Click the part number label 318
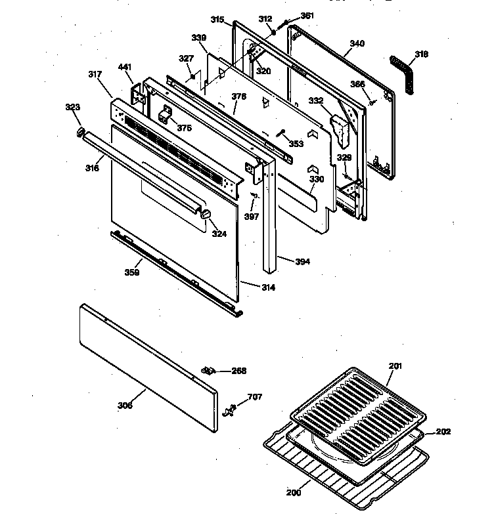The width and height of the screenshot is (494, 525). click(421, 54)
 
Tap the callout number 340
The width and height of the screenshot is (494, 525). click(357, 43)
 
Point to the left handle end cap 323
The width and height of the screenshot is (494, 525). click(81, 133)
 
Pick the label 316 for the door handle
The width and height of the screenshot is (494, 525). click(92, 169)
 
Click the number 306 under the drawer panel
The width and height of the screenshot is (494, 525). click(125, 405)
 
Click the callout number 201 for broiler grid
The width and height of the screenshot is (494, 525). click(395, 366)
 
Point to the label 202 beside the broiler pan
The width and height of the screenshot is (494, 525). click(443, 432)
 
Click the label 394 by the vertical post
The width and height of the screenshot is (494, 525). click(302, 261)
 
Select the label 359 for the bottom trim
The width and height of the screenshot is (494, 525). click(132, 272)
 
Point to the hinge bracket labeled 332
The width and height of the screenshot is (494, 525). click(341, 129)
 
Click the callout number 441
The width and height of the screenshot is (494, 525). click(125, 67)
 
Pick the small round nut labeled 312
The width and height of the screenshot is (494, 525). click(273, 31)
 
